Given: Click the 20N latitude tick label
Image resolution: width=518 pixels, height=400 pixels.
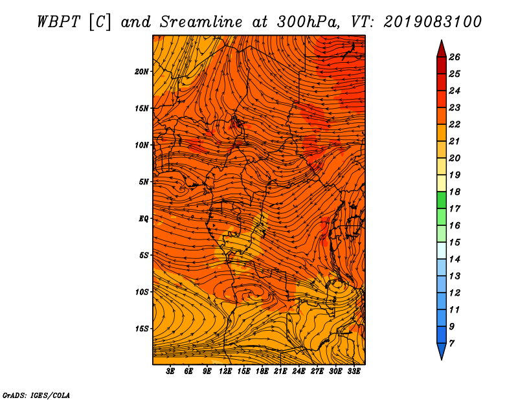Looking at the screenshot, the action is pyautogui.click(x=142, y=72).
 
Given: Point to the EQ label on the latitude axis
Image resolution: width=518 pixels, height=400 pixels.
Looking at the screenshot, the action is pyautogui.click(x=143, y=219).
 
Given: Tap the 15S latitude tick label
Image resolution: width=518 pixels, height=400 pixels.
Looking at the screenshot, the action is pyautogui.click(x=142, y=329).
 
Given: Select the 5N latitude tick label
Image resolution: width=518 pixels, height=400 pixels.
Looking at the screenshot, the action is pyautogui.click(x=144, y=182).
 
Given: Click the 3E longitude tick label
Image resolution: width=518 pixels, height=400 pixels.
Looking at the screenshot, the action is pyautogui.click(x=170, y=372).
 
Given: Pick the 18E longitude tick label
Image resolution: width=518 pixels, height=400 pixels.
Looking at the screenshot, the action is pyautogui.click(x=262, y=372).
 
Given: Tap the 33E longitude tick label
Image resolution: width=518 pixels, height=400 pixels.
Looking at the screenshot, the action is pyautogui.click(x=354, y=372).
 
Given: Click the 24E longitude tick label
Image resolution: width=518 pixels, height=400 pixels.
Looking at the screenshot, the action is pyautogui.click(x=298, y=372).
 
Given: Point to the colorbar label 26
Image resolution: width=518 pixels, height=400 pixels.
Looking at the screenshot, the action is pyautogui.click(x=455, y=57).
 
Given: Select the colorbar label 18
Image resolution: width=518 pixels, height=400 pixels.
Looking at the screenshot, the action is pyautogui.click(x=455, y=192).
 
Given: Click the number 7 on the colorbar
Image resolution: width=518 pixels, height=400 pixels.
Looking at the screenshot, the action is pyautogui.click(x=451, y=344).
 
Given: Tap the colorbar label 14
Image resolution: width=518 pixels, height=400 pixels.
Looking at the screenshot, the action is pyautogui.click(x=455, y=260).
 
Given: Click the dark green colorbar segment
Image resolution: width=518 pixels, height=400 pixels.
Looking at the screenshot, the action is pyautogui.click(x=442, y=200).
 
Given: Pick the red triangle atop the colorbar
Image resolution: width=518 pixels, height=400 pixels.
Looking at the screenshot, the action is pyautogui.click(x=442, y=50).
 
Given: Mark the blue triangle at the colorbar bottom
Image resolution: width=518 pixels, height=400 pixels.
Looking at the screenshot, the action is pyautogui.click(x=442, y=351).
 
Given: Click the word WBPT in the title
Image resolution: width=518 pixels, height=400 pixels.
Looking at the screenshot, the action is pyautogui.click(x=58, y=22).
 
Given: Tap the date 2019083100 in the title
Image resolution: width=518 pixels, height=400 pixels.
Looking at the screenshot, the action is pyautogui.click(x=432, y=22).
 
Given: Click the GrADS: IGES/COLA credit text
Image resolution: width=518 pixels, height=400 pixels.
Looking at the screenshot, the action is pyautogui.click(x=36, y=395).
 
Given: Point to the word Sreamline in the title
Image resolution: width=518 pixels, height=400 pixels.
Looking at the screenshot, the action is pyautogui.click(x=201, y=22).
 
